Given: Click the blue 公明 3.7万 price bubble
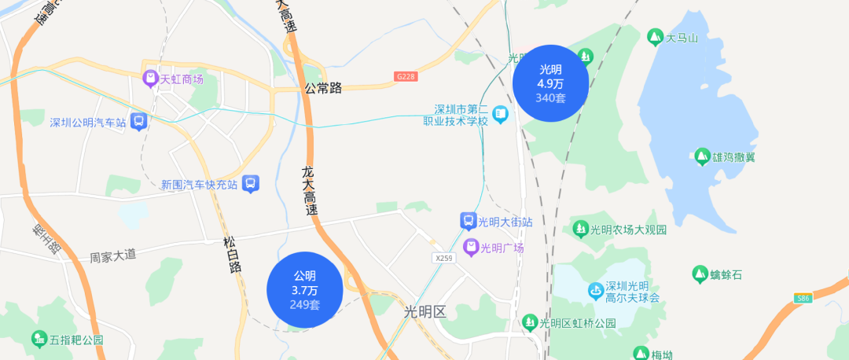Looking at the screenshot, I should coord(305,289).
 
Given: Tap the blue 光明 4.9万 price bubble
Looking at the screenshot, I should coord(550,83).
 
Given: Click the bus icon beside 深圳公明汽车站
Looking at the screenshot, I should coord(139,122).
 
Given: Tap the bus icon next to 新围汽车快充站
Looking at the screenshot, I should coord(250,184).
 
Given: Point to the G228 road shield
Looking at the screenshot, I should coord(406,76).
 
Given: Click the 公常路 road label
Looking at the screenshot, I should coord(324,88).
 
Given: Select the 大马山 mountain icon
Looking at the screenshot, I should coord(654,37).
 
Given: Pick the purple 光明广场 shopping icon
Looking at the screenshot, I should coord(470,248).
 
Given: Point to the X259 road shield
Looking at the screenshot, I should coord(444,257).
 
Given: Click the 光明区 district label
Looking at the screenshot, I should coord(424,312).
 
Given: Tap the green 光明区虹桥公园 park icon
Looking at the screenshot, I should coord(530,322).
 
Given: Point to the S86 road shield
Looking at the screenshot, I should coord(803,299).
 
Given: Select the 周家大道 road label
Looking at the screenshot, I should coord(112,255).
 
